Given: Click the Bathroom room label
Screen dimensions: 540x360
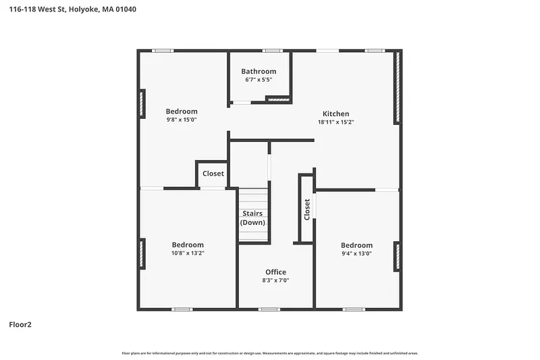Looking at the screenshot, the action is pyautogui.click(x=259, y=72).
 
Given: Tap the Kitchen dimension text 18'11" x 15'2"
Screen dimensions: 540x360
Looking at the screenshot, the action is pyautogui.click(x=335, y=122).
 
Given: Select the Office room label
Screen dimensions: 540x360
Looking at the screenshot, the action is pyautogui.click(x=275, y=272).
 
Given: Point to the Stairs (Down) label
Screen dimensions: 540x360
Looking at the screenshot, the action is pyautogui.click(x=252, y=217).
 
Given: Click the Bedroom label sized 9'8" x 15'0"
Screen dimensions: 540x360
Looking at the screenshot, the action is pyautogui.click(x=182, y=111).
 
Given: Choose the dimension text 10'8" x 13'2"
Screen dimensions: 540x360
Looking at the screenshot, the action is pyautogui.click(x=188, y=253).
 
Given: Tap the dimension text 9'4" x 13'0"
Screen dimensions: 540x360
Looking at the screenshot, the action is pyautogui.click(x=356, y=253).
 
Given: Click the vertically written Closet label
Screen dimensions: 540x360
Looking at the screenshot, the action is pyautogui.click(x=307, y=209).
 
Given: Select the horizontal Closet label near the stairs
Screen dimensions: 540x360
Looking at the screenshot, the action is pyautogui.click(x=213, y=174).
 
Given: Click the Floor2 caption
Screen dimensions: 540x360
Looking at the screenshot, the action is pyautogui.click(x=20, y=324).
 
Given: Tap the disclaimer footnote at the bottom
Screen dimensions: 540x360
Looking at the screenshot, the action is pyautogui.click(x=270, y=353).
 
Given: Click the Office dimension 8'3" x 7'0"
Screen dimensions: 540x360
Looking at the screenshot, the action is pyautogui.click(x=275, y=280).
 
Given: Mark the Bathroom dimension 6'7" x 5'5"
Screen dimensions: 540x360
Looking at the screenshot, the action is pyautogui.click(x=259, y=80).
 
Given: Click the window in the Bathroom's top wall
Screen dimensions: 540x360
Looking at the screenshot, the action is pyautogui.click(x=273, y=51).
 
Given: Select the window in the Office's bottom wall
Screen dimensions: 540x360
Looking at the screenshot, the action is pyautogui.click(x=269, y=309).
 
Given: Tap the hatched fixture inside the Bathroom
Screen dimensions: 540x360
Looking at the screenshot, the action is pyautogui.click(x=279, y=99).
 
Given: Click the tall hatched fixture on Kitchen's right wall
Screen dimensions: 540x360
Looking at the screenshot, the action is pyautogui.click(x=398, y=87).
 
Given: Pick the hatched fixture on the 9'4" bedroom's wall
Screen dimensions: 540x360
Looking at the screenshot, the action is pyautogui.click(x=398, y=257).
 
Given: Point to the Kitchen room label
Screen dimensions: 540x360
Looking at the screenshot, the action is pyautogui.click(x=335, y=113).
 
